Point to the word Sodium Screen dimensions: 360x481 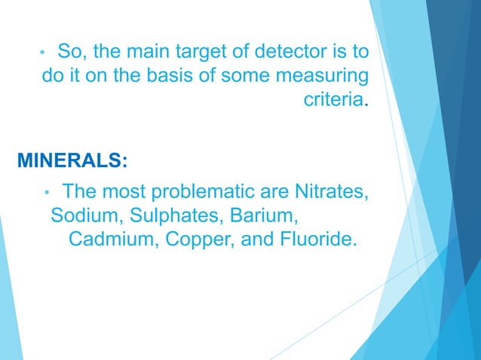point(80,216)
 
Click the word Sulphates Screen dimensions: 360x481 point(169,216)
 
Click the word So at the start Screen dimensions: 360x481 point(69,53)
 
